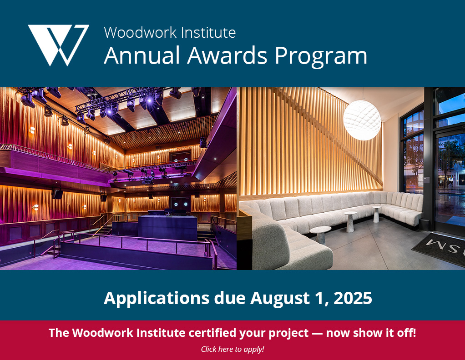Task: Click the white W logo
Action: point(58,45)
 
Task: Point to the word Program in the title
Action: point(321,57)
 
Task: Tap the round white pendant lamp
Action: point(362,120)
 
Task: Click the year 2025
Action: point(353,298)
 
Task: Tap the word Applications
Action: point(157,299)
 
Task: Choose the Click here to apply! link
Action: point(232,349)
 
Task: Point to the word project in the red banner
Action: point(288,334)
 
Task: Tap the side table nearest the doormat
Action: point(376,214)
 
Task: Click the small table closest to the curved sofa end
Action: point(320,235)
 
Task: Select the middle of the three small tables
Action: point(350,221)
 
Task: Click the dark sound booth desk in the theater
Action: point(167,228)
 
